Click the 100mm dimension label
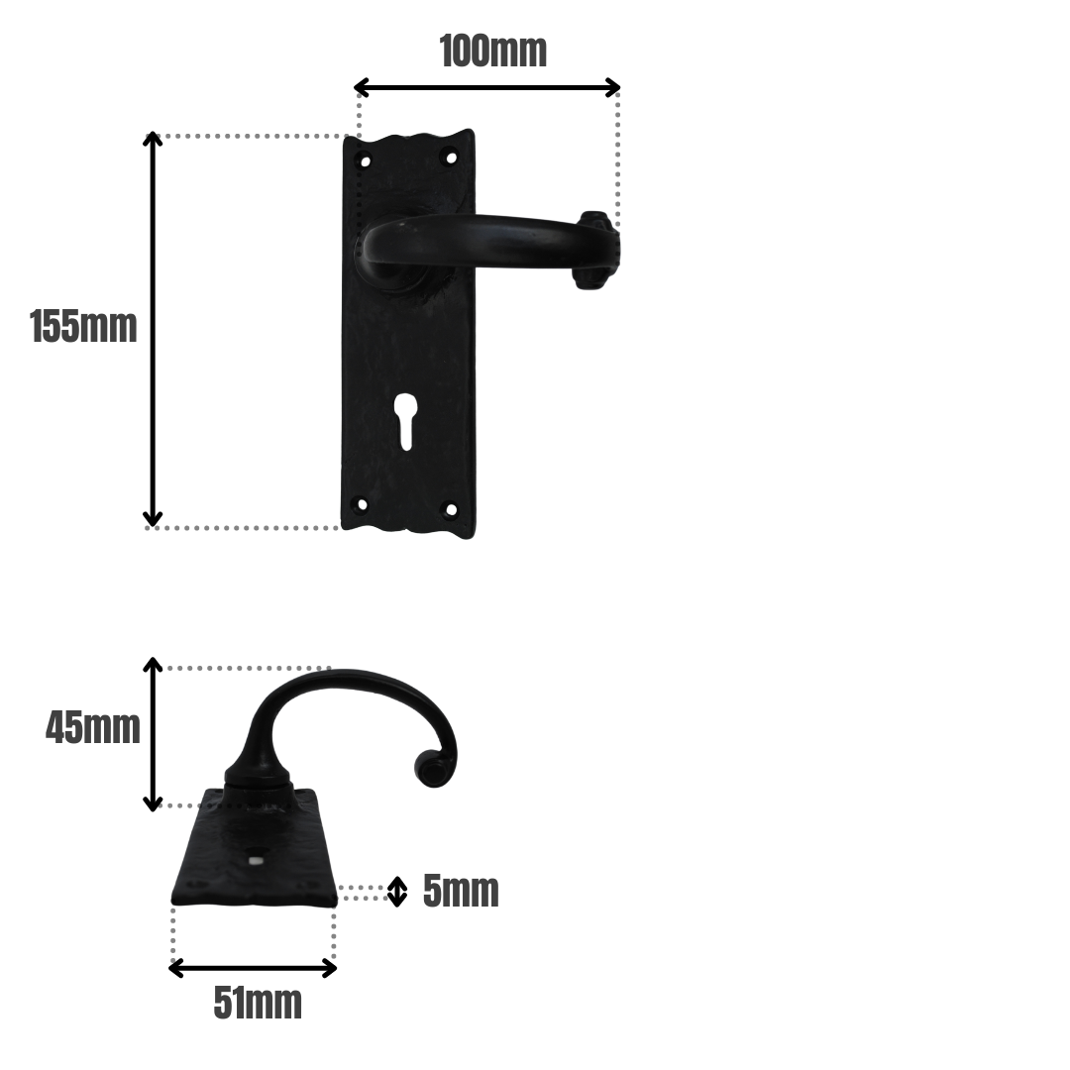(x=493, y=52)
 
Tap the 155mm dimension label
(x=83, y=326)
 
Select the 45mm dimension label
(x=93, y=727)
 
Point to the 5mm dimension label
(x=461, y=891)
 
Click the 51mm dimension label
(x=258, y=1003)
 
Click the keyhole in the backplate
(x=405, y=422)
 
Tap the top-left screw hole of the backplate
(x=365, y=162)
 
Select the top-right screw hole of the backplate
(x=451, y=158)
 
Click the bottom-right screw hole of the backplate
(x=451, y=508)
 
